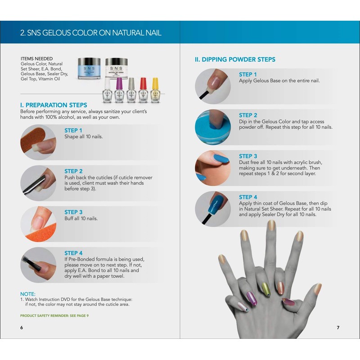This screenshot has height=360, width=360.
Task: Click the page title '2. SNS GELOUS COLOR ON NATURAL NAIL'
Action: (90, 33)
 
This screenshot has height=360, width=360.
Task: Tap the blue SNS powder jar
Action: (89, 68)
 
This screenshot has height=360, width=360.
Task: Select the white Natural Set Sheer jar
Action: (117, 68)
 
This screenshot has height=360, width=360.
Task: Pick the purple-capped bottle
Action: (119, 90)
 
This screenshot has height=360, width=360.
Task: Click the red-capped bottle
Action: (143, 90)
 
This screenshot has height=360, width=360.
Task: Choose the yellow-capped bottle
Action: (155, 90)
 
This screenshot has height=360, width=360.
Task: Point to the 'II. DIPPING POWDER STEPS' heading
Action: (235, 59)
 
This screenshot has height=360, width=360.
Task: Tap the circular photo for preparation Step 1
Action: (38, 142)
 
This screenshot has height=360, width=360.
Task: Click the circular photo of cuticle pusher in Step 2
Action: (38, 183)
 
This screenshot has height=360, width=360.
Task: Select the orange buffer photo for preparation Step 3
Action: (38, 224)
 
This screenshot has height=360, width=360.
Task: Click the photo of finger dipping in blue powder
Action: (213, 127)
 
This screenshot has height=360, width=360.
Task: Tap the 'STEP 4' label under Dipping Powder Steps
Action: (248, 197)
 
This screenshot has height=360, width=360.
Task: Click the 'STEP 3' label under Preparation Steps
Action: (73, 212)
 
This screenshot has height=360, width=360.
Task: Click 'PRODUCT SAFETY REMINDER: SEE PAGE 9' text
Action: (54, 315)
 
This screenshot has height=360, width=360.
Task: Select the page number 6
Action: (21, 327)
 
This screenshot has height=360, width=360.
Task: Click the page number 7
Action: (338, 327)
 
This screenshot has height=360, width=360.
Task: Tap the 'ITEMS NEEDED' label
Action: (36, 58)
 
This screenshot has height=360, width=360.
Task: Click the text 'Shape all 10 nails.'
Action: (84, 136)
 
